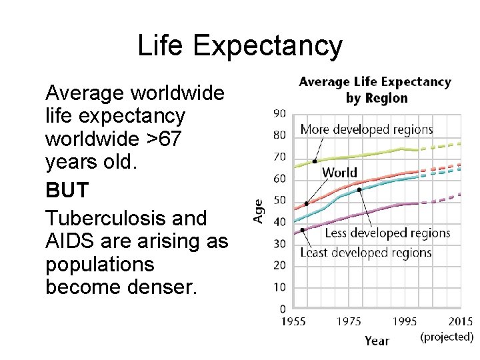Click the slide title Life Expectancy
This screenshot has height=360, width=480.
[x=240, y=46]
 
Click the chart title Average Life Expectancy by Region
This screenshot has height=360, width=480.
[x=375, y=90]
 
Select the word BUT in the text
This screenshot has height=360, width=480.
[x=67, y=190]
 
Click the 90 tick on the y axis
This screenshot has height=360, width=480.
[x=279, y=113]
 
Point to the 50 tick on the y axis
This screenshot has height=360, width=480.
[x=279, y=200]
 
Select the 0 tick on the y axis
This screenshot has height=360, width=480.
[x=283, y=309]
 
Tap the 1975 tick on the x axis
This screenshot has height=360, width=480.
[x=349, y=321]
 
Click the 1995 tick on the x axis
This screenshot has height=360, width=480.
[x=405, y=321]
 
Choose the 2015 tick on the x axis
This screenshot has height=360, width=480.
[x=460, y=321]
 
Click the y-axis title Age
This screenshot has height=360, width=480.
[x=259, y=211]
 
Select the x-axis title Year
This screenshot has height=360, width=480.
[x=377, y=341]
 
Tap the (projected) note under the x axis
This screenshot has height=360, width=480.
[x=447, y=337]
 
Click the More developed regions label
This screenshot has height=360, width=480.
[x=366, y=129]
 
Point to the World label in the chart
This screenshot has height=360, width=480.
[x=339, y=173]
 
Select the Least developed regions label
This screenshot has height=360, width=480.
[x=365, y=253]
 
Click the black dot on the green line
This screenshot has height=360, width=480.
[x=314, y=161]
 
